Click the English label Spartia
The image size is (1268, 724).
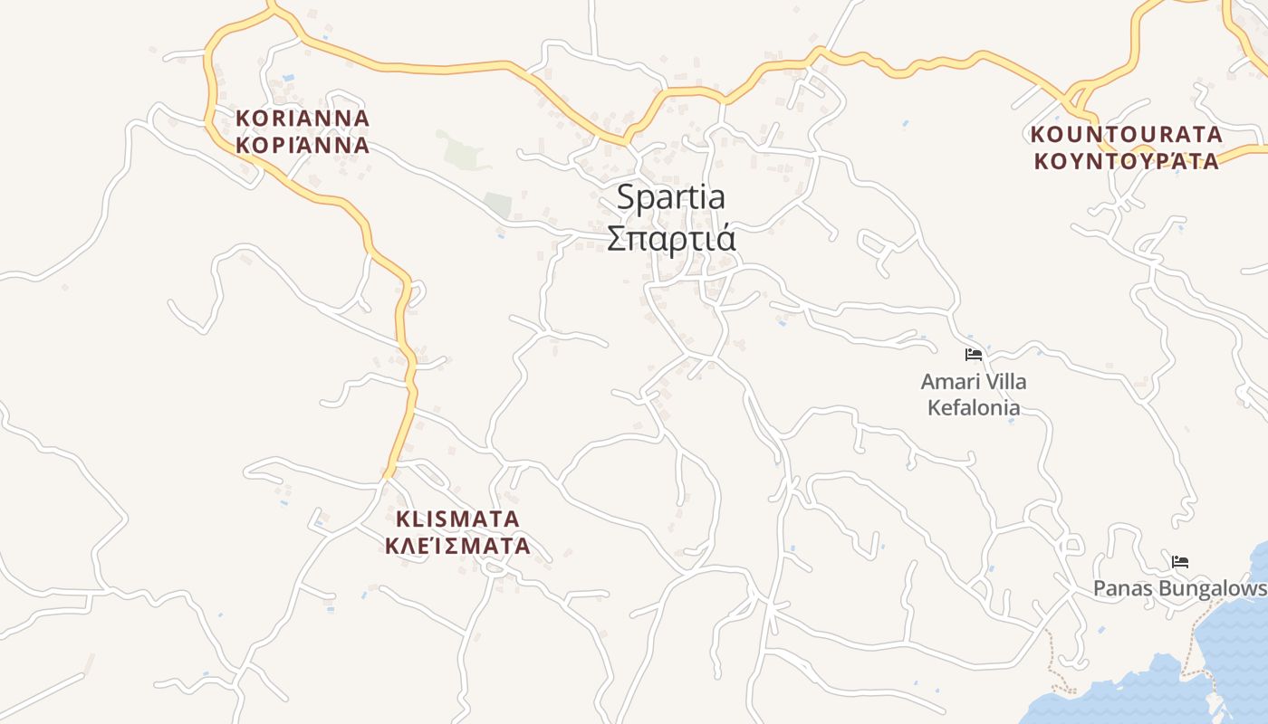(670, 197)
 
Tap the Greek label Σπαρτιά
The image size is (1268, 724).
(670, 239)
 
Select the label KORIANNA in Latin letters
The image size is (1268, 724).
(303, 119)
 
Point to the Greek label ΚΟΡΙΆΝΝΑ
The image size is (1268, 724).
(303, 145)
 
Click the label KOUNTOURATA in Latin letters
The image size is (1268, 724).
(1127, 135)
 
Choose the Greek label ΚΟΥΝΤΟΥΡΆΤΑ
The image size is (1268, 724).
(1127, 161)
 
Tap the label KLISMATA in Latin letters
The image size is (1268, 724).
(458, 519)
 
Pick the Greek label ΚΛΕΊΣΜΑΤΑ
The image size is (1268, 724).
(458, 547)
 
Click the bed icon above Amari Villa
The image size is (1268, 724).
(974, 355)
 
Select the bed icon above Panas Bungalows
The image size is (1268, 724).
(1179, 562)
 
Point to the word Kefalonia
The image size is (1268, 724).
(974, 407)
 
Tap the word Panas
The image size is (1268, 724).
(1121, 588)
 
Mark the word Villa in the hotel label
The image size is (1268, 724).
(1004, 382)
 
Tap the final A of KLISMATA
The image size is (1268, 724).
(512, 519)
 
